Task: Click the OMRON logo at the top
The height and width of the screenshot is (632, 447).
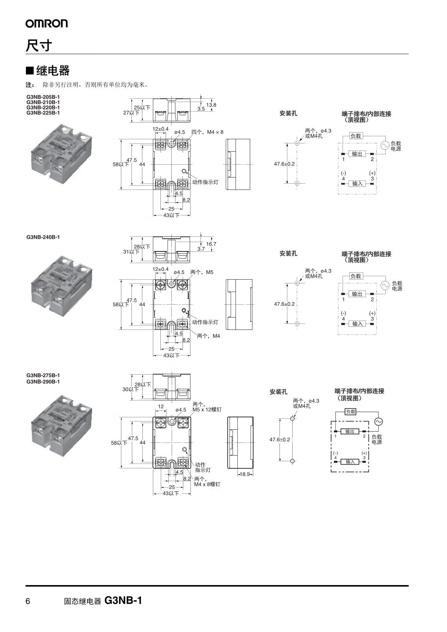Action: click(x=47, y=23)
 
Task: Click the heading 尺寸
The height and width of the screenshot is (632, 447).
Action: click(x=39, y=45)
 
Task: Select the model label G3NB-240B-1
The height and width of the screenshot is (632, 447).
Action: click(x=43, y=237)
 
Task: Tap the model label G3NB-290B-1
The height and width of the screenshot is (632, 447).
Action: click(x=43, y=382)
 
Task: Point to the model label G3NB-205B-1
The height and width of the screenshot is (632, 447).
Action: click(x=43, y=97)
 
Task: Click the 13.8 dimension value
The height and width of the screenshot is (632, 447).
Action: click(x=211, y=105)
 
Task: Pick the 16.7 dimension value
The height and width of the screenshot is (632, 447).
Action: click(x=211, y=244)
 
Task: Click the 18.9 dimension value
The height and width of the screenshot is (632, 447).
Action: click(x=245, y=474)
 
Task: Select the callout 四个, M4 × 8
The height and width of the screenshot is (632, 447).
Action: click(x=207, y=132)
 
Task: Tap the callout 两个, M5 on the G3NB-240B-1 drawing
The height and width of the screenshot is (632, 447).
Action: click(x=202, y=272)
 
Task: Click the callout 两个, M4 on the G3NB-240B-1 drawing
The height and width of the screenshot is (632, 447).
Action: click(x=208, y=336)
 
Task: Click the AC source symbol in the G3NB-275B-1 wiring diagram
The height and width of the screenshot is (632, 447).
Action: click(x=378, y=421)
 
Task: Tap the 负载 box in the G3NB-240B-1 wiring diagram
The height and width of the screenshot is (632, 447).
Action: click(x=356, y=276)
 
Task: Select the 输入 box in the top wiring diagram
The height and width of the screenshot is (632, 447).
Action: click(x=357, y=184)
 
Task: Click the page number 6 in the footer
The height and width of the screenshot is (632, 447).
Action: click(x=28, y=601)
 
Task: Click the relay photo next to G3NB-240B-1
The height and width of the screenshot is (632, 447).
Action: click(x=62, y=286)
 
